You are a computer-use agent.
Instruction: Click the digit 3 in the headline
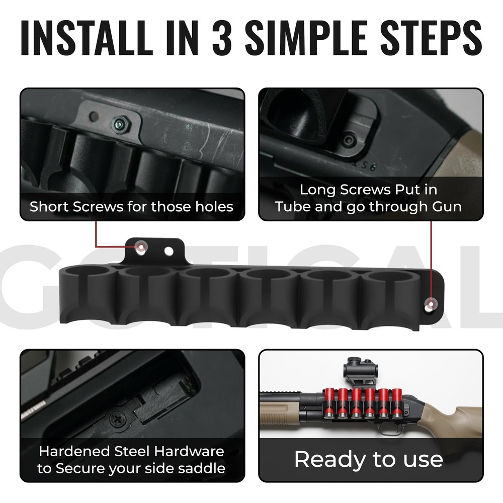(x=222, y=37)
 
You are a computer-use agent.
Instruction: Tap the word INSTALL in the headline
(x=87, y=37)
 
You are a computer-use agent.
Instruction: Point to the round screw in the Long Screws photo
(x=349, y=140)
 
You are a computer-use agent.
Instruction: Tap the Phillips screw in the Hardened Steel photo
(x=116, y=418)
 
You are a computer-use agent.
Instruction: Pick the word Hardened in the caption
(x=74, y=451)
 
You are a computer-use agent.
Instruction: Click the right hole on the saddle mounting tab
(x=169, y=251)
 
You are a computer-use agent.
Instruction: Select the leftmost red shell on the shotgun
(x=329, y=402)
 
